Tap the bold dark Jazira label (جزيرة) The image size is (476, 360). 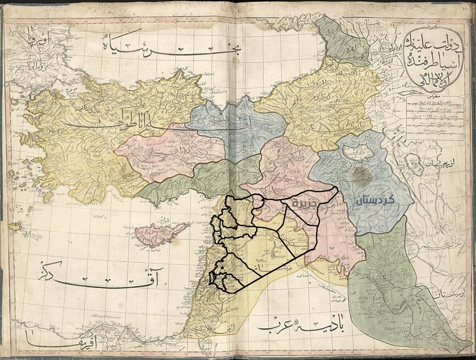[x=303, y=204]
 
